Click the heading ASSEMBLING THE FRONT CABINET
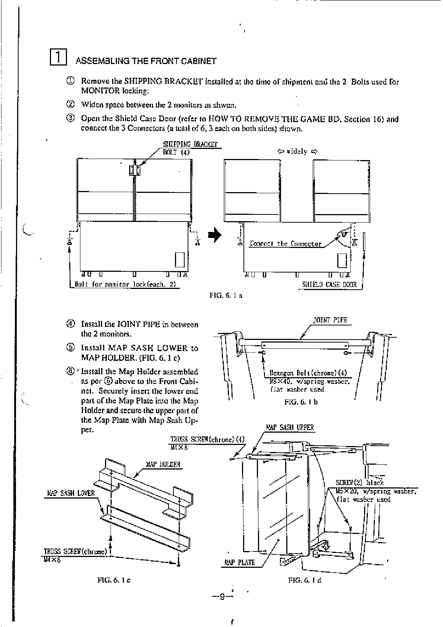pos(146,61)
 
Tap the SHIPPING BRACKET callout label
pos(190,144)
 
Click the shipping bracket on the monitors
pos(135,170)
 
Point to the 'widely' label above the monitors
pos(297,152)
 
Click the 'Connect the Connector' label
pos(285,244)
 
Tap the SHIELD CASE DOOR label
pos(329,285)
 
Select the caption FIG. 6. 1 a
pos(226,296)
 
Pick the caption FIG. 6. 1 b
pos(301,402)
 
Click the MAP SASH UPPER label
pos(290,427)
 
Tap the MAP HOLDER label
pos(163,464)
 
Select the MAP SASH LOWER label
pos(71,493)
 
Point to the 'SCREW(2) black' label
pos(359,483)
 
